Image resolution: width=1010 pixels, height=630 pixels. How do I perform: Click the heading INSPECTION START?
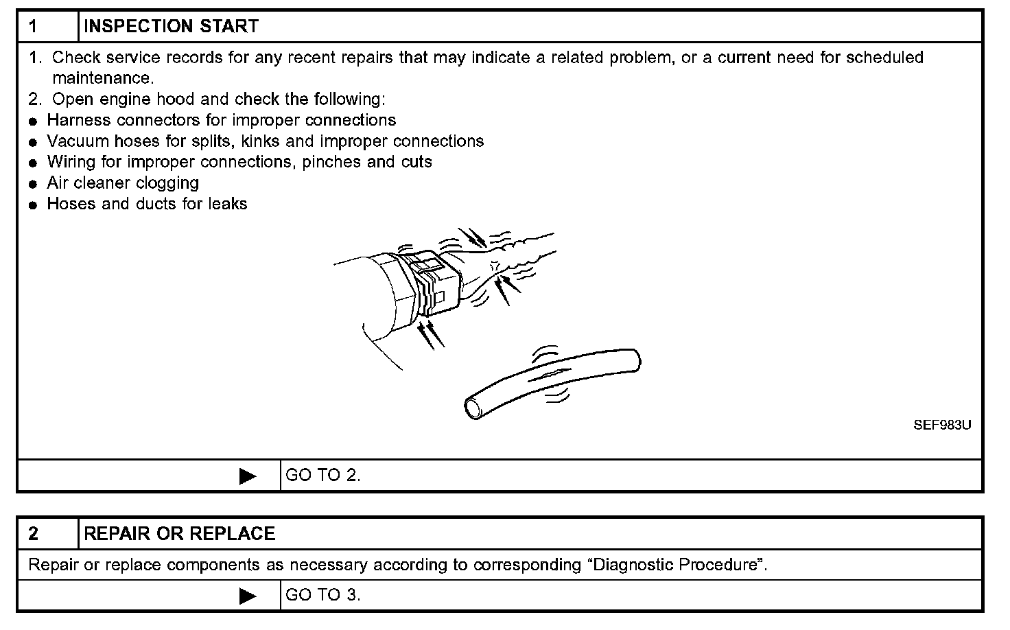[171, 27]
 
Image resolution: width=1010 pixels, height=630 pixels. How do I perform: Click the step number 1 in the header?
[34, 27]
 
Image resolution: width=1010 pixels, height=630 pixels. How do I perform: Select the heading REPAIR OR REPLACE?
[179, 534]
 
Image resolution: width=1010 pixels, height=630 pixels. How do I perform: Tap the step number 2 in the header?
[34, 534]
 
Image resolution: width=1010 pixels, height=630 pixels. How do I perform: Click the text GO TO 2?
[322, 476]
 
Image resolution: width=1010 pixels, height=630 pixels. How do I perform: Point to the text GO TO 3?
[322, 595]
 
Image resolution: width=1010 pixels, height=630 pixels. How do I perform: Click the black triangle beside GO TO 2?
[248, 476]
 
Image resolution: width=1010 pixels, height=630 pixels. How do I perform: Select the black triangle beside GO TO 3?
[248, 596]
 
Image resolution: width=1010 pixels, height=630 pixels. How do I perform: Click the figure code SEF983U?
[942, 425]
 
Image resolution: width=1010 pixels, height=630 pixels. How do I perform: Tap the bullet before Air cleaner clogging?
[32, 185]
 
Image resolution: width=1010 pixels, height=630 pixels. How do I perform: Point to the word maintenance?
[103, 79]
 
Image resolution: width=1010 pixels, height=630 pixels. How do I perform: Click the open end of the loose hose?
[474, 408]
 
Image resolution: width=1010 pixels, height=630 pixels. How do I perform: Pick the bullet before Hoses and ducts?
[32, 205]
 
